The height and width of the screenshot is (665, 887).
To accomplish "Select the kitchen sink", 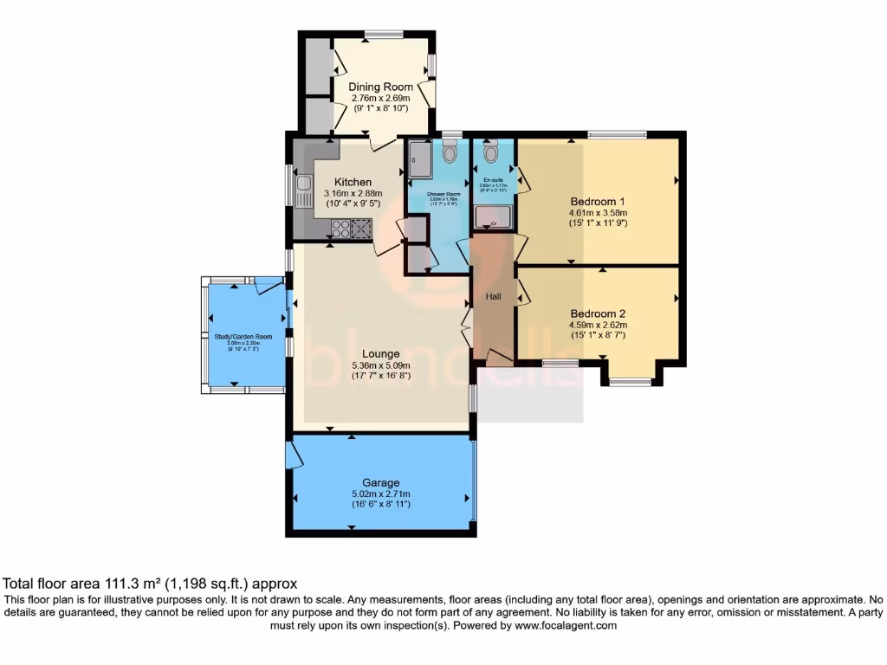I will (x=303, y=190).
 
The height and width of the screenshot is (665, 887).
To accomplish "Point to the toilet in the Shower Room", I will (x=449, y=154).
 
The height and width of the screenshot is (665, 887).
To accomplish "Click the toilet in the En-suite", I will (x=490, y=154).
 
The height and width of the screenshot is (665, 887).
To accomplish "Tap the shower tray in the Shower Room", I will (x=417, y=157).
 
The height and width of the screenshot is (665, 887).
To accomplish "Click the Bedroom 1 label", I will (x=598, y=201).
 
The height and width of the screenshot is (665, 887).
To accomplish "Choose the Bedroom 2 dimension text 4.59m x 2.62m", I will (x=598, y=325).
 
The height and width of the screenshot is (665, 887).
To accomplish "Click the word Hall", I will (x=493, y=296).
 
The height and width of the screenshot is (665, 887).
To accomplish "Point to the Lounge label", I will (x=380, y=353).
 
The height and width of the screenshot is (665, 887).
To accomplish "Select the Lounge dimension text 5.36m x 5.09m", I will (x=380, y=365).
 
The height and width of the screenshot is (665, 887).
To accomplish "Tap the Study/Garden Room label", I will (x=243, y=336).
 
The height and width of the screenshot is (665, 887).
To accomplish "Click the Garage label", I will (x=380, y=482).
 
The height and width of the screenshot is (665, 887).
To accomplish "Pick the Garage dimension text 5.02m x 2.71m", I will (x=380, y=494).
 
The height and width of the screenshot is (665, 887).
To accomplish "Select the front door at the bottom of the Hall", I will (x=499, y=356).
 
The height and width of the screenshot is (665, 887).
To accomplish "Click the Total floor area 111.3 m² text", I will (x=151, y=584).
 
